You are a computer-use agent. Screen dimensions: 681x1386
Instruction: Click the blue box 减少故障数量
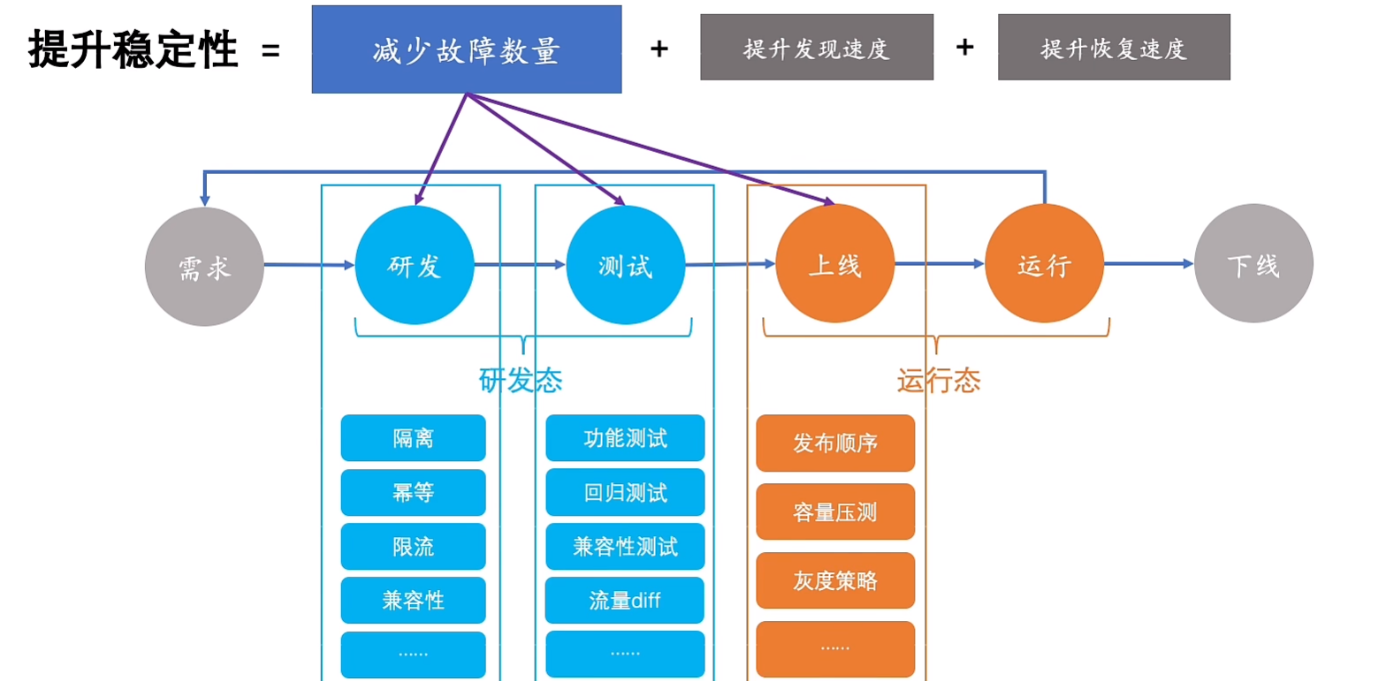pyautogui.click(x=466, y=49)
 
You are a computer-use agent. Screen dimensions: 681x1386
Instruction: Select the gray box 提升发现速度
pyautogui.click(x=816, y=48)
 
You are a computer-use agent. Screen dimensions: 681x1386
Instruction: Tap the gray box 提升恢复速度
pyautogui.click(x=1114, y=48)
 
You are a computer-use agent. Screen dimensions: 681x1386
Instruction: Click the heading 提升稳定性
pyautogui.click(x=133, y=49)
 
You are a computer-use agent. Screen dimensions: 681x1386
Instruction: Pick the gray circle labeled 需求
pyautogui.click(x=204, y=266)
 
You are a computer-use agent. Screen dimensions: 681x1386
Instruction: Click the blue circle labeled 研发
pyautogui.click(x=415, y=265)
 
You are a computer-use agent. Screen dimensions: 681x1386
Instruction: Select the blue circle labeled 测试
pyautogui.click(x=625, y=265)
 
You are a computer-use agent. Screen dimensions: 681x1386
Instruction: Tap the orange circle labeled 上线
pyautogui.click(x=834, y=264)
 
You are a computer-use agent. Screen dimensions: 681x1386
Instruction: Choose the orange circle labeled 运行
pyautogui.click(x=1044, y=264)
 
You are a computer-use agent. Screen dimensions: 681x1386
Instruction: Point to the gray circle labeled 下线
pyautogui.click(x=1253, y=264)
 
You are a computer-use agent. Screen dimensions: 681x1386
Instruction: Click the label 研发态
pyautogui.click(x=520, y=381)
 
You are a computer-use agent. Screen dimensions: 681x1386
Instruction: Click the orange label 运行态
pyautogui.click(x=938, y=381)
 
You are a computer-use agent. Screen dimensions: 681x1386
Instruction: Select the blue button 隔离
pyautogui.click(x=413, y=438)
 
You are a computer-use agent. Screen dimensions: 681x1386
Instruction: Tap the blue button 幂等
pyautogui.click(x=413, y=492)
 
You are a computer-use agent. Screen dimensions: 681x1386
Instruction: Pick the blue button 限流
pyautogui.click(x=413, y=547)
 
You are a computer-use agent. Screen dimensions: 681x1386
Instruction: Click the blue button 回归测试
pyautogui.click(x=625, y=492)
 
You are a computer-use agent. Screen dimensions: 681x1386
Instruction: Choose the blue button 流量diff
pyautogui.click(x=625, y=601)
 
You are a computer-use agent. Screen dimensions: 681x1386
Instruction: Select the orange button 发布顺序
pyautogui.click(x=834, y=443)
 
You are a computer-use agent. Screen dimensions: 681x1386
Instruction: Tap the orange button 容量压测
pyautogui.click(x=834, y=511)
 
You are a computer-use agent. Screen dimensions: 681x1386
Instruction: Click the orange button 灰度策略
pyautogui.click(x=834, y=580)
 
